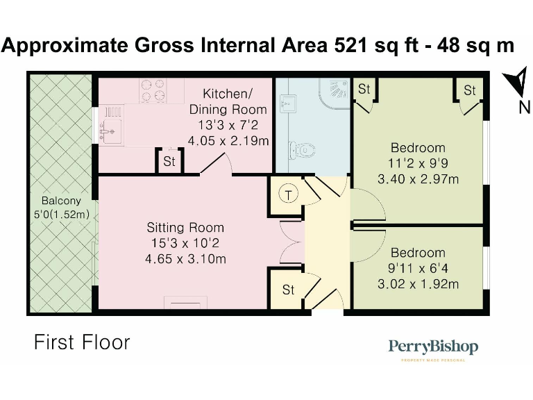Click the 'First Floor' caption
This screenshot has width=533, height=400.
tap(82, 342)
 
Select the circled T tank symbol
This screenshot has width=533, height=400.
tap(288, 194)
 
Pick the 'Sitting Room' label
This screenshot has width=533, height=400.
tap(185, 228)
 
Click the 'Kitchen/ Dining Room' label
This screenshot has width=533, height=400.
tap(228, 101)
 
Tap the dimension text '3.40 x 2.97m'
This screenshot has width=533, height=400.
tap(418, 179)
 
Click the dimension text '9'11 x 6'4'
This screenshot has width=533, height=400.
tap(417, 269)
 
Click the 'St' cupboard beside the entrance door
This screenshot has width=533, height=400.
tap(288, 290)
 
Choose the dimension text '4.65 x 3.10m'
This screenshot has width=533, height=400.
tap(185, 259)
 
